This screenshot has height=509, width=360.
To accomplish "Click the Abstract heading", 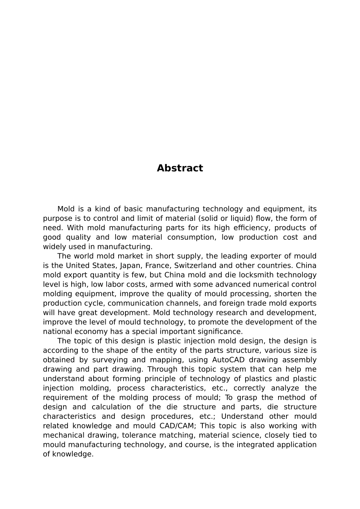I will pos(180,168).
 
